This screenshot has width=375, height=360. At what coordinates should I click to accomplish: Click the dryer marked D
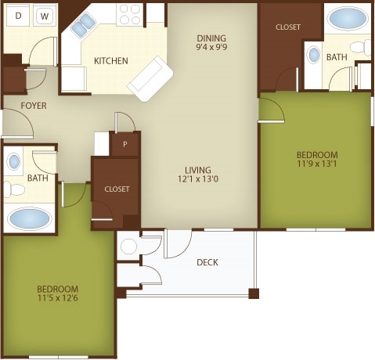pyautogui.click(x=18, y=16)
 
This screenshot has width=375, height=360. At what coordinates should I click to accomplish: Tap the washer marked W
pyautogui.click(x=45, y=16)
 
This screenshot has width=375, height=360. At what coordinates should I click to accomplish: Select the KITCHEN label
pyautogui.click(x=111, y=61)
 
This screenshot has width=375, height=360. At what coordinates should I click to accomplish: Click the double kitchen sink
pyautogui.click(x=83, y=25)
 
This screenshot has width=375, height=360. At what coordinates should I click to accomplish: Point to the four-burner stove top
pyautogui.click(x=129, y=14)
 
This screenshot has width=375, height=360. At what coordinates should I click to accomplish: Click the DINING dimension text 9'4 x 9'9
pyautogui.click(x=211, y=47)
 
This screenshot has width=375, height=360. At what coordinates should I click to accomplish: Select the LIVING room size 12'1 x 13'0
pyautogui.click(x=198, y=179)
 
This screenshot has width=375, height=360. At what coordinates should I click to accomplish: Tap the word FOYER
pyautogui.click(x=34, y=106)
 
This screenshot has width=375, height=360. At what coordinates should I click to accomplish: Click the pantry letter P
pyautogui.click(x=125, y=144)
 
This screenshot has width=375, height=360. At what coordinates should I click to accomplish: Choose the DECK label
pyautogui.click(x=207, y=262)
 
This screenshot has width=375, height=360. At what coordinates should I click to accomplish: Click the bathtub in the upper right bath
pyautogui.click(x=348, y=18)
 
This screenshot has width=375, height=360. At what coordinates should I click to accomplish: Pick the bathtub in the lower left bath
pyautogui.click(x=29, y=218)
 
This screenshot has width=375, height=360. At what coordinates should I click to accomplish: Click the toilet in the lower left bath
pyautogui.click(x=13, y=189)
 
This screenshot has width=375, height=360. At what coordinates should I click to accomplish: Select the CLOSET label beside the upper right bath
pyautogui.click(x=288, y=27)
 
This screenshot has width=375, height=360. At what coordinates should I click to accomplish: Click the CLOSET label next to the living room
pyautogui.click(x=117, y=189)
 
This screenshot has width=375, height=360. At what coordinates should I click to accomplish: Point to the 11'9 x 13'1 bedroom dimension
pyautogui.click(x=317, y=164)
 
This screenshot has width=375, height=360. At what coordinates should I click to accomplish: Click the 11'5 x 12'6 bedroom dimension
pyautogui.click(x=58, y=297)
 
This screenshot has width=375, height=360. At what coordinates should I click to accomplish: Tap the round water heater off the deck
pyautogui.click(x=128, y=246)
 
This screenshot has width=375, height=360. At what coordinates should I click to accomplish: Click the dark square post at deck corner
pyautogui.click(x=254, y=293)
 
